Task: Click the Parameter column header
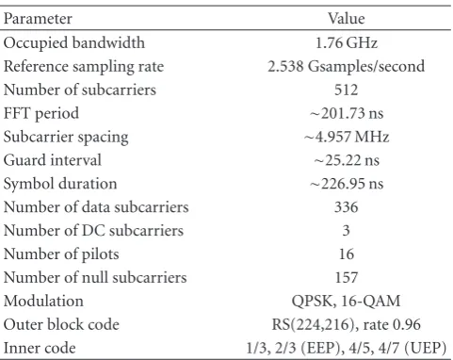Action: [x=38, y=19]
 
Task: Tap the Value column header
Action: [x=347, y=19]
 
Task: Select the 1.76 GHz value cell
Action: [x=347, y=42]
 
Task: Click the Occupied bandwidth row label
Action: [x=74, y=43]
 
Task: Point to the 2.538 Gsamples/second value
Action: [x=346, y=66]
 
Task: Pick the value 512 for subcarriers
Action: [x=346, y=90]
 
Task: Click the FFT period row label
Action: [x=41, y=113]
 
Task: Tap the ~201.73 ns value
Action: [x=347, y=113]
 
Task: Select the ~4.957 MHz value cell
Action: [x=347, y=137]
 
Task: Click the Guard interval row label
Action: [x=53, y=160]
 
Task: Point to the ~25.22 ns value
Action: [x=347, y=160]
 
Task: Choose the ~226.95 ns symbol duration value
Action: [x=347, y=184]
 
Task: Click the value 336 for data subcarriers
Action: [x=346, y=207]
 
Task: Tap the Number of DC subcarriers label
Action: [x=93, y=231]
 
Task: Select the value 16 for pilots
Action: [x=347, y=254]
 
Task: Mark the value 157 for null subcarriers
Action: [x=346, y=277]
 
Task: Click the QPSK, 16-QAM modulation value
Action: [x=346, y=301]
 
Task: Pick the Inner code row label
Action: [x=40, y=348]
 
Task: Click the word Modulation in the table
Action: [x=43, y=301]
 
